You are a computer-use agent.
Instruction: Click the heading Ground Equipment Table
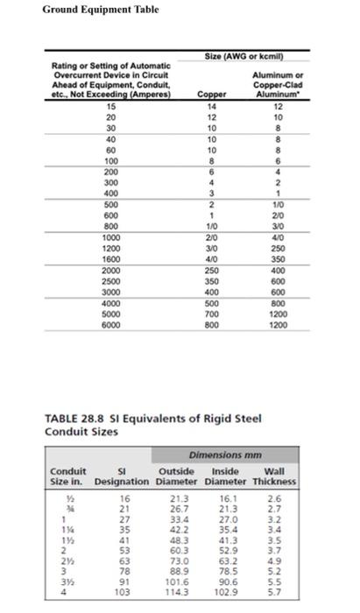pos(84,10)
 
